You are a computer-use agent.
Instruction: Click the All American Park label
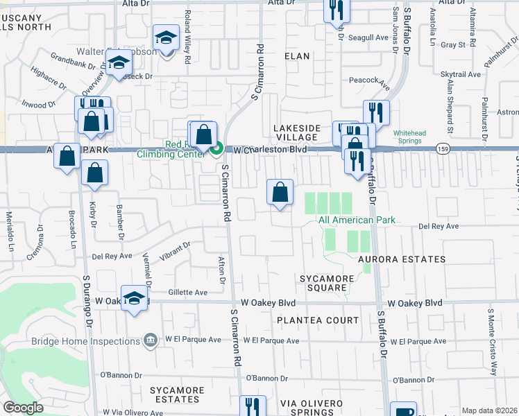tap(357, 220)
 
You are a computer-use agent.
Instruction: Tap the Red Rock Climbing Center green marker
tap(216, 148)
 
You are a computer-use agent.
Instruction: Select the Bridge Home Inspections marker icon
tap(149, 340)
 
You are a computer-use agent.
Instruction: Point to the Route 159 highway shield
tap(443, 148)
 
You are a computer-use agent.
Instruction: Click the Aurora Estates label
tap(402, 259)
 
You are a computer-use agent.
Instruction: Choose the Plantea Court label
tap(318, 320)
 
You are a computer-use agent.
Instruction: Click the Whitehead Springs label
tap(407, 137)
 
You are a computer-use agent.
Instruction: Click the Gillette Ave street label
tap(187, 293)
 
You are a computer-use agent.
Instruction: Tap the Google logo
tap(24, 408)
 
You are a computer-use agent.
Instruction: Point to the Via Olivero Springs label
tap(312, 408)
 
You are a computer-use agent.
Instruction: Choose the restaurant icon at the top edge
tap(337, 10)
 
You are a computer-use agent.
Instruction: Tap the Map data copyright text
tap(488, 410)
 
